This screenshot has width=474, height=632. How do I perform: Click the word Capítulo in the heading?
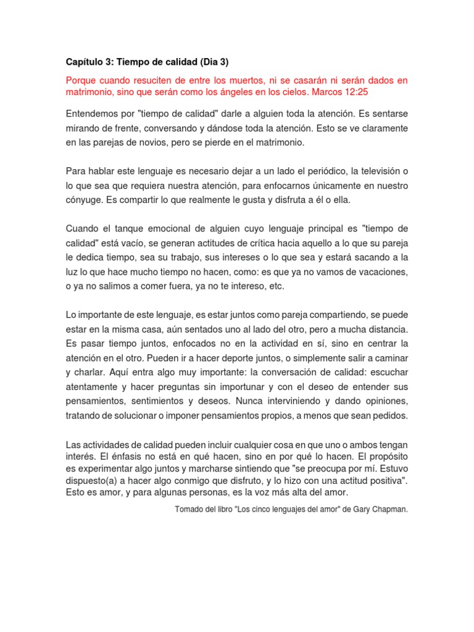[86, 62]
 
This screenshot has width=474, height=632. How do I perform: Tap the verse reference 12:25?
[357, 92]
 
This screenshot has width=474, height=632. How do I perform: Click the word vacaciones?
[379, 272]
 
